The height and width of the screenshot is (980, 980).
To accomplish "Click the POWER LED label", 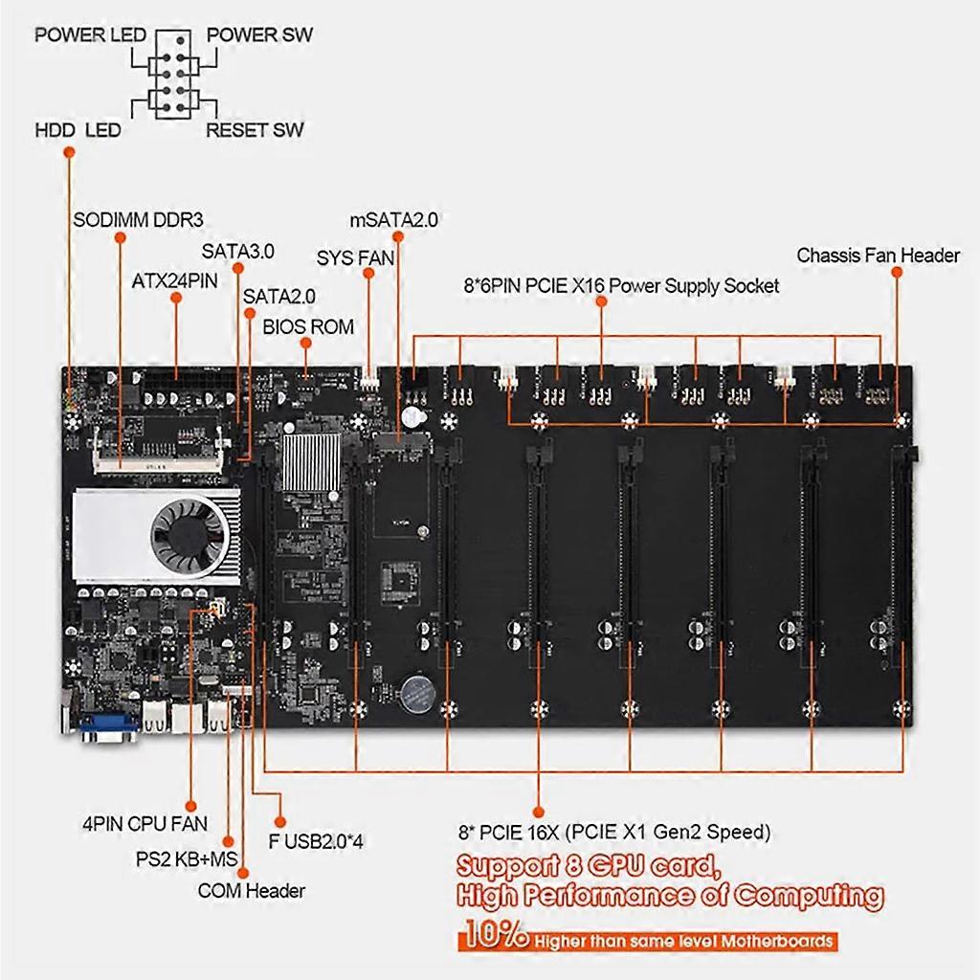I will coord(90,36).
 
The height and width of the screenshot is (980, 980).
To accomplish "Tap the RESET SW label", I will coord(255,130).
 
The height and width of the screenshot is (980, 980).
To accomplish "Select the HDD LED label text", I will coord(78,130).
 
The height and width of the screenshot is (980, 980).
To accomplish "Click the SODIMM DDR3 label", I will coord(139,219).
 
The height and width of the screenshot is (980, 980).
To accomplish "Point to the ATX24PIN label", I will coord(175,282).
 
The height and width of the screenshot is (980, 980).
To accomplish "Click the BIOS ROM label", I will coord(308,326).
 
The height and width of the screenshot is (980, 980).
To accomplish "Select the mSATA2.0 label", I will coord(393,219).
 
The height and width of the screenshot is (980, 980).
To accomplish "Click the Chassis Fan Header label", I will coord(878,256).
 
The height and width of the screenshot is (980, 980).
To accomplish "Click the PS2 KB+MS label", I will coord(187,857).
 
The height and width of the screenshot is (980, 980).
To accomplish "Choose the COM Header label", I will coord(252,891).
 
